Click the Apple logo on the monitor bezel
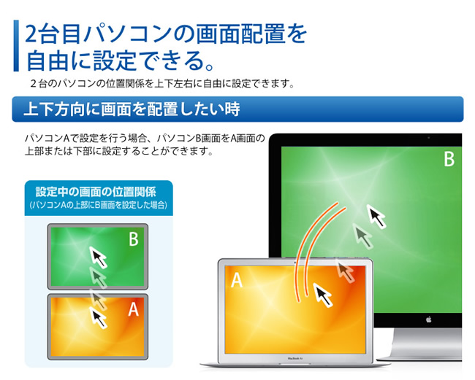coord(428,319)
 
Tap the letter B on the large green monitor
coord(449,159)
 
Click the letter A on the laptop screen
coord(237,280)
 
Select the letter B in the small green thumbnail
coord(134,239)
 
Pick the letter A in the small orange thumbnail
coord(133,309)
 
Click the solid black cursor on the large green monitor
coord(376,216)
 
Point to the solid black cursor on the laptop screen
coord(322,295)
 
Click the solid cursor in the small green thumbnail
coord(98,257)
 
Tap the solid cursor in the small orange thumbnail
coord(98,317)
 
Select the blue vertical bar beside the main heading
coord(16,46)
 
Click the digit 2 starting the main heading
coord(31,34)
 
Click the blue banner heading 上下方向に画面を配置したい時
coord(132,109)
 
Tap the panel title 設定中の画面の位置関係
coord(96,193)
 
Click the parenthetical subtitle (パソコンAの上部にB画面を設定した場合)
coord(99,205)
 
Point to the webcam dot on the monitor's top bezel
coord(428,138)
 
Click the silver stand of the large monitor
coord(424,345)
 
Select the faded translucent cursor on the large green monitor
coord(362,236)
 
